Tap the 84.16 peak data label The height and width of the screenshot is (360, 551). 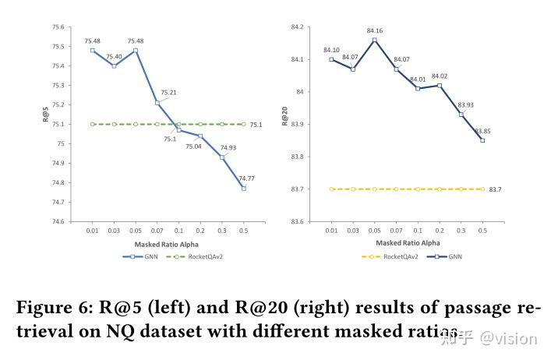click(x=374, y=31)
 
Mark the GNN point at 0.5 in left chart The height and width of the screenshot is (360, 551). click(x=244, y=189)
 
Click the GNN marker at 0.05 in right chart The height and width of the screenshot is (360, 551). click(x=374, y=40)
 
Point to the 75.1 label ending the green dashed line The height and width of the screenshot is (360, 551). click(x=256, y=125)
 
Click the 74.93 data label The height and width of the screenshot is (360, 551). click(x=229, y=147)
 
